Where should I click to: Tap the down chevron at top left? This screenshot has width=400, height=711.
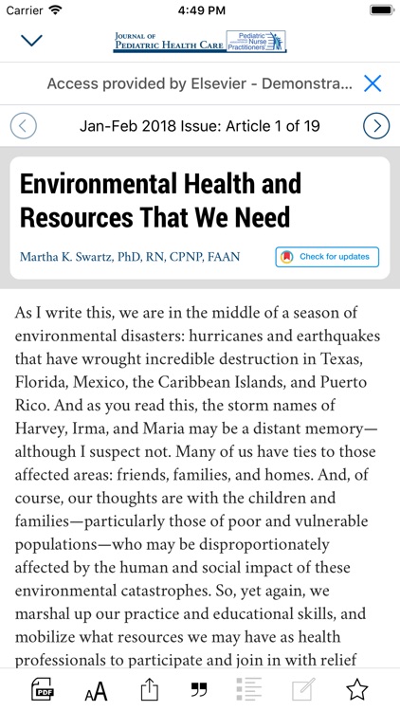pos(32,41)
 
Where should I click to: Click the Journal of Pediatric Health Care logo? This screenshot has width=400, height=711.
pos(199,41)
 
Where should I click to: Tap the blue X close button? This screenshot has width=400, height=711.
pos(373,83)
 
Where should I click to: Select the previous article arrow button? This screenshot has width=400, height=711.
pos(24,125)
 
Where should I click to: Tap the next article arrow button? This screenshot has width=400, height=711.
pos(376,125)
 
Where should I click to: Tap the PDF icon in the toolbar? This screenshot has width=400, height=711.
pos(44,689)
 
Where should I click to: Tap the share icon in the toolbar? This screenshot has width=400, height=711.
pos(148,689)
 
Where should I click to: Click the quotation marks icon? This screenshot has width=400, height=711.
pos(199,689)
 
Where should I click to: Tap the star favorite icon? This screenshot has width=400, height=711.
pos(356,689)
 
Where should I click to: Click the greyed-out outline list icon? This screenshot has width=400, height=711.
pos(250,689)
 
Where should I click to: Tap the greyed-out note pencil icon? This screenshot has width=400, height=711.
pos(303,689)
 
